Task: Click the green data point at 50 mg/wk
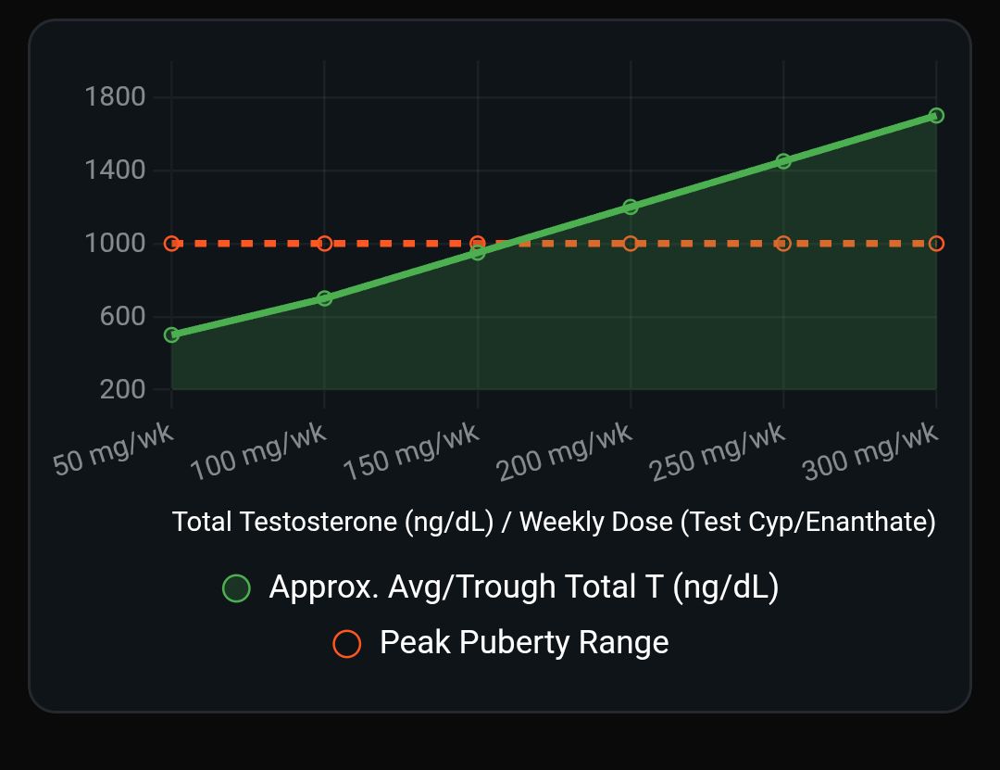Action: (x=171, y=335)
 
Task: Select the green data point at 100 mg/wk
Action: (x=324, y=298)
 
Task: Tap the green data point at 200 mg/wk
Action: (x=631, y=207)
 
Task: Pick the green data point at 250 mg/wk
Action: (x=783, y=161)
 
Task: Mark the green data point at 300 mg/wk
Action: (x=936, y=116)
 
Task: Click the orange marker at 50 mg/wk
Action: (x=171, y=244)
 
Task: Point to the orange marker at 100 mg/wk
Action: (x=324, y=244)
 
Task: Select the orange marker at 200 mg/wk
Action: (x=631, y=244)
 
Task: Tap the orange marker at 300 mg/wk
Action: (x=936, y=244)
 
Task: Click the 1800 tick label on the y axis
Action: (x=115, y=96)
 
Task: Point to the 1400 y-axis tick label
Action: (x=115, y=170)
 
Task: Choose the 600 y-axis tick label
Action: (x=122, y=316)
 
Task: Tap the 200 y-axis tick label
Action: (x=122, y=389)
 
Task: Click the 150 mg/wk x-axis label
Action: (x=411, y=452)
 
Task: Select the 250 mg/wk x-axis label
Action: (x=718, y=452)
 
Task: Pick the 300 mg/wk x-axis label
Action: (x=870, y=452)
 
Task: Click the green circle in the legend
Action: (x=237, y=588)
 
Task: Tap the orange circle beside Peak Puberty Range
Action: (x=347, y=644)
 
